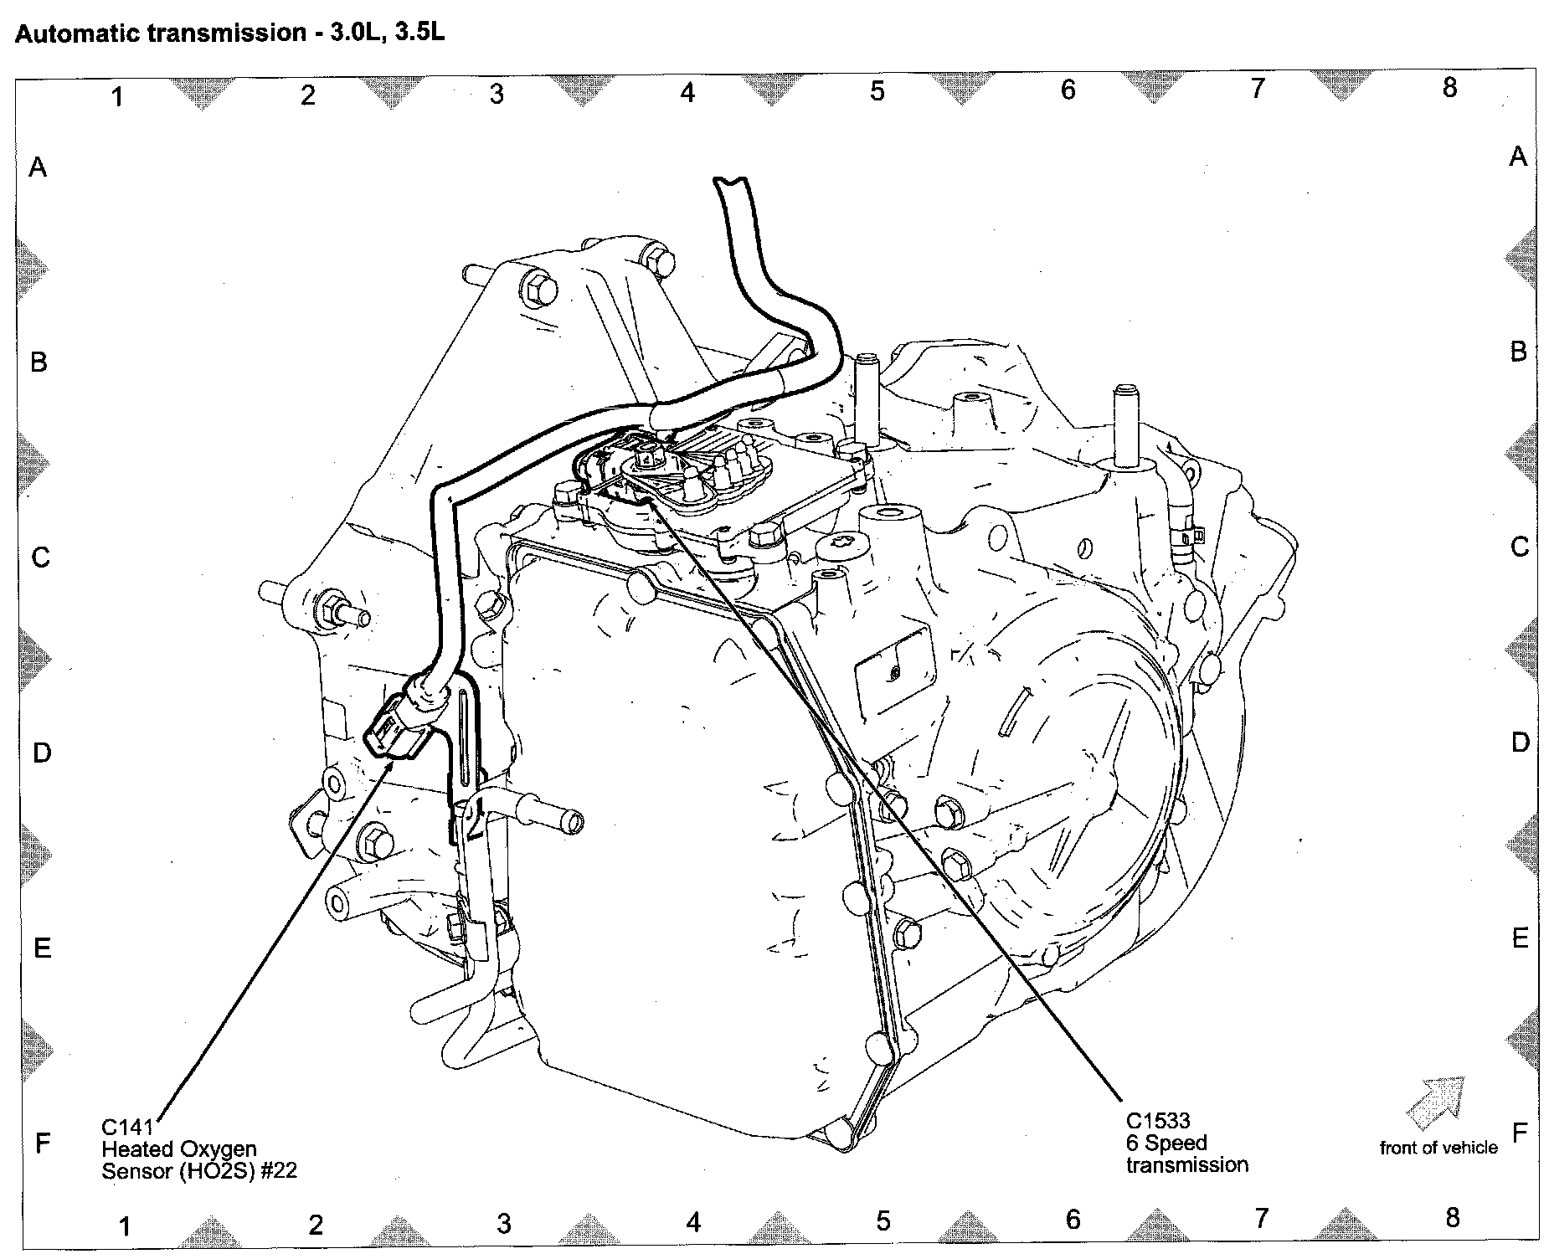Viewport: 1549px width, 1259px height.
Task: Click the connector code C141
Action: [126, 1126]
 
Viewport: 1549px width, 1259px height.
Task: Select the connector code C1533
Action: [1158, 1120]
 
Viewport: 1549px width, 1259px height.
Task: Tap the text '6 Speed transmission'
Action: [1186, 1154]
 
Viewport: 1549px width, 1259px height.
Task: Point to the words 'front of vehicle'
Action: [1438, 1148]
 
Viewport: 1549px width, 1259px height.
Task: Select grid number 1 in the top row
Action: [118, 97]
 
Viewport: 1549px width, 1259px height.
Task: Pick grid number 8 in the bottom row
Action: [1453, 1217]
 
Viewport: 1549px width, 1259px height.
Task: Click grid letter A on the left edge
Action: [39, 168]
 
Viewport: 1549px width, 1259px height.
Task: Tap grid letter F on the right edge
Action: [1520, 1133]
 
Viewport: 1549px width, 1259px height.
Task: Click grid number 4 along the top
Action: [687, 93]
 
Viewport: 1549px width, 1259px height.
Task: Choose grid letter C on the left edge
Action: [40, 558]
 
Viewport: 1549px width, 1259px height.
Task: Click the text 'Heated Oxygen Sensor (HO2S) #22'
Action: [199, 1159]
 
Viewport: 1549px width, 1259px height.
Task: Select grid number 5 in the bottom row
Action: [883, 1221]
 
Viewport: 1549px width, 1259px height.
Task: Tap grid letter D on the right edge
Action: [1521, 743]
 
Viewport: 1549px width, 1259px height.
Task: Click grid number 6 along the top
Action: [1068, 90]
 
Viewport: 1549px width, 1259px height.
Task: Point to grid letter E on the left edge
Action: [42, 948]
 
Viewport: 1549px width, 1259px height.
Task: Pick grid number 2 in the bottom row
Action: [315, 1226]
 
